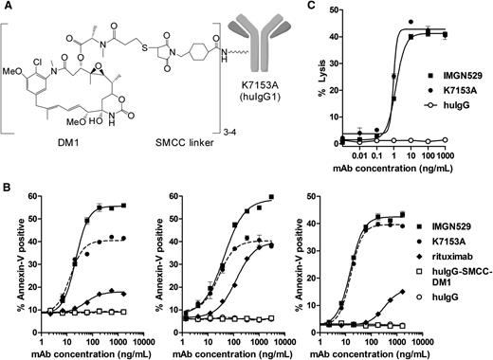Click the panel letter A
(7, 7)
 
